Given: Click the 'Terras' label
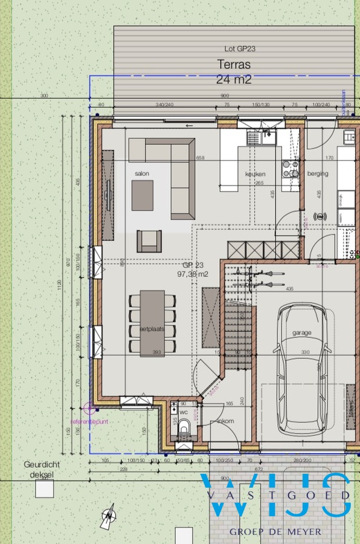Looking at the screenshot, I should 234,64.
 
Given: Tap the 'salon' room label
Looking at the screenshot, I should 142,174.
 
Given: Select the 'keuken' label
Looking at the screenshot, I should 255,174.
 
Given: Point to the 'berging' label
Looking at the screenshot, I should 318,173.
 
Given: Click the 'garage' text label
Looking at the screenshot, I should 303,332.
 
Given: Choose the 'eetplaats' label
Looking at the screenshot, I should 152,329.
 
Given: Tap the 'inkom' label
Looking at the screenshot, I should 226,421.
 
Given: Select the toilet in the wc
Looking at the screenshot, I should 184,428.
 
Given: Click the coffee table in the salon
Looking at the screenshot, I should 143,195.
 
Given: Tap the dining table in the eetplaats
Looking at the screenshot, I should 152,323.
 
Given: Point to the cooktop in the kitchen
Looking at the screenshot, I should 291,168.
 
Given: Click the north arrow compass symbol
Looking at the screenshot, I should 109,516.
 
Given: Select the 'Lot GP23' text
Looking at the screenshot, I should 237,48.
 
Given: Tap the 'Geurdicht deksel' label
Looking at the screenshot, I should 39,470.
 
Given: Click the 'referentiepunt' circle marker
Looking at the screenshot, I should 89,407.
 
